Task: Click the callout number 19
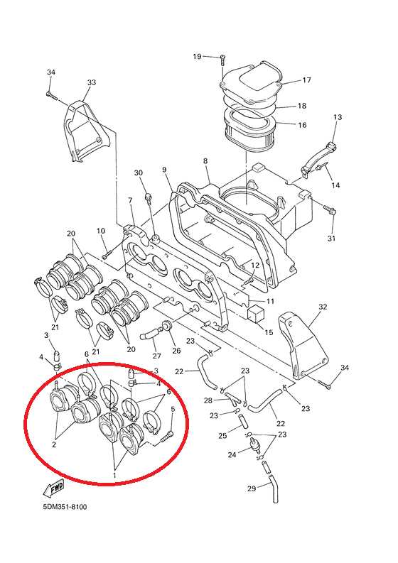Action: coord(197,56)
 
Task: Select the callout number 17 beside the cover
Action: coord(306,80)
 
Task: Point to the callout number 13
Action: coord(338,117)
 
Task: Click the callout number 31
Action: coord(331,238)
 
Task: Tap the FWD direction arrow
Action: coord(53,488)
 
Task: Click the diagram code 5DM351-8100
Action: coord(65,507)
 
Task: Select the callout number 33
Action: coord(92,82)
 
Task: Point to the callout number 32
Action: coord(323,307)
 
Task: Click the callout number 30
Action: coord(139,173)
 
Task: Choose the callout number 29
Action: coord(252,488)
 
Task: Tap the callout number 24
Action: coord(232,455)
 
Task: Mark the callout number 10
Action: coord(101,231)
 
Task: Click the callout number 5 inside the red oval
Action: coord(173,409)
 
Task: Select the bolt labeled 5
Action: coord(166,437)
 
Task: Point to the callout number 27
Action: coord(156,356)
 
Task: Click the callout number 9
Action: coord(164,169)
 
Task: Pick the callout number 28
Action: coord(208,400)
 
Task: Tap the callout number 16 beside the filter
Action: coord(302,125)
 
